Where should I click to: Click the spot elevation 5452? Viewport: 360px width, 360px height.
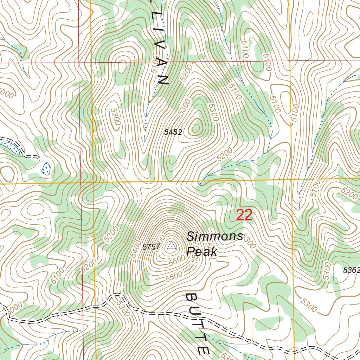173,132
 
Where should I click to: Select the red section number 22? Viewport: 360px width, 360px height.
244,215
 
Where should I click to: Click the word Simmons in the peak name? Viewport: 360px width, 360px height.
214,236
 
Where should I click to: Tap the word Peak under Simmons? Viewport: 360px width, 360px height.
202,252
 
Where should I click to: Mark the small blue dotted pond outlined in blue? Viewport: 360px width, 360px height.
46,169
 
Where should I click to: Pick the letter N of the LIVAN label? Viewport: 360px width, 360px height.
164,80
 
